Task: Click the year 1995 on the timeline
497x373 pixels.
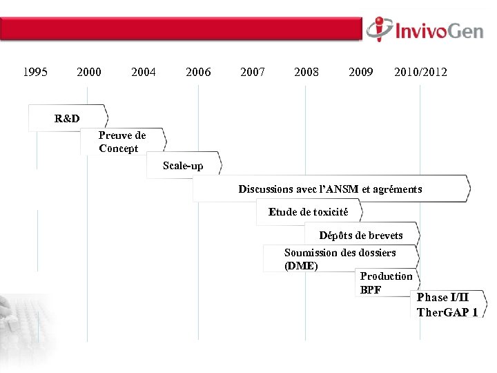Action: click(x=35, y=72)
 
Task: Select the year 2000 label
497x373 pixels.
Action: click(x=89, y=72)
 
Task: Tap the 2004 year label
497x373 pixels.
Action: click(x=144, y=72)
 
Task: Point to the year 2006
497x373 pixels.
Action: click(x=199, y=72)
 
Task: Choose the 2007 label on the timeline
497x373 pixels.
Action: click(x=253, y=72)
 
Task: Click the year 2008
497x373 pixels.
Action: click(x=306, y=72)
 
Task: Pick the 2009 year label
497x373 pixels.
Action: click(x=361, y=72)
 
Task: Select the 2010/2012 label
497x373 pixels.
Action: click(x=420, y=72)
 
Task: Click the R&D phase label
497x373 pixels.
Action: click(x=67, y=119)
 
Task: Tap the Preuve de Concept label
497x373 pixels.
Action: click(x=122, y=142)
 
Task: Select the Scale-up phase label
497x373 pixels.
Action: click(x=183, y=166)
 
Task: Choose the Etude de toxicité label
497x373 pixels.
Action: click(x=309, y=212)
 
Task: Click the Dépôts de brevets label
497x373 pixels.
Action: click(x=361, y=236)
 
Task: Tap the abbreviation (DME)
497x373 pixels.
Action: click(x=301, y=266)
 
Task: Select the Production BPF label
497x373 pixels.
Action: click(x=385, y=283)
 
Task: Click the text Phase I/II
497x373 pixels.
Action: click(x=442, y=298)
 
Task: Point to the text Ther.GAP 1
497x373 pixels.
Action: click(x=447, y=312)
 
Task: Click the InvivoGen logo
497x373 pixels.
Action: click(x=425, y=30)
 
